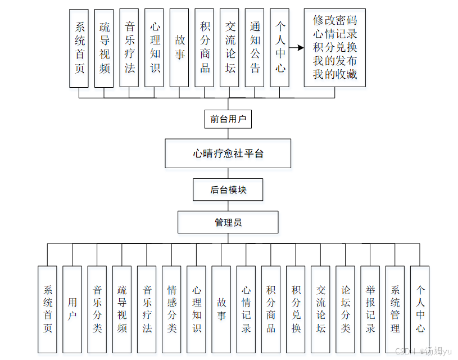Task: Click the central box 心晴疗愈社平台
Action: pyautogui.click(x=228, y=153)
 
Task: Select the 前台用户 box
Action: pyautogui.click(x=228, y=119)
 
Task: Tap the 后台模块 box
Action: pyautogui.click(x=228, y=190)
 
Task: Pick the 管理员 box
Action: pyautogui.click(x=228, y=222)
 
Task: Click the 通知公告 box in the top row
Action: pyautogui.click(x=255, y=47)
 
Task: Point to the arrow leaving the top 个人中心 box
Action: pyautogui.click(x=296, y=48)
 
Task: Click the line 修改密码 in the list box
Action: pyautogui.click(x=335, y=20)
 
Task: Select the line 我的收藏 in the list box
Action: pyautogui.click(x=335, y=74)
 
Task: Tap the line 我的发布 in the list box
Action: pyautogui.click(x=335, y=61)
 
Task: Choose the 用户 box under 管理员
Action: pyautogui.click(x=72, y=309)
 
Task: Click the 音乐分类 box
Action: pyautogui.click(x=97, y=309)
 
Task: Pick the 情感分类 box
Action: pyautogui.click(x=171, y=309)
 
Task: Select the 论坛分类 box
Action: pyautogui.click(x=345, y=309)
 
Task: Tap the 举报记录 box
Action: pyautogui.click(x=370, y=309)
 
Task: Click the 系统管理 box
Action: pyautogui.click(x=395, y=309)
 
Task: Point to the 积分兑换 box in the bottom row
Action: pyautogui.click(x=296, y=309)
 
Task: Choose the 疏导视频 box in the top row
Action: pyautogui.click(x=104, y=47)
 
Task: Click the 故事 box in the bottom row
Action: pyautogui.click(x=221, y=309)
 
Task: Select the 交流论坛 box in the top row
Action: pyautogui.click(x=229, y=47)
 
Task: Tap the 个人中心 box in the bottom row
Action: pyautogui.click(x=420, y=309)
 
